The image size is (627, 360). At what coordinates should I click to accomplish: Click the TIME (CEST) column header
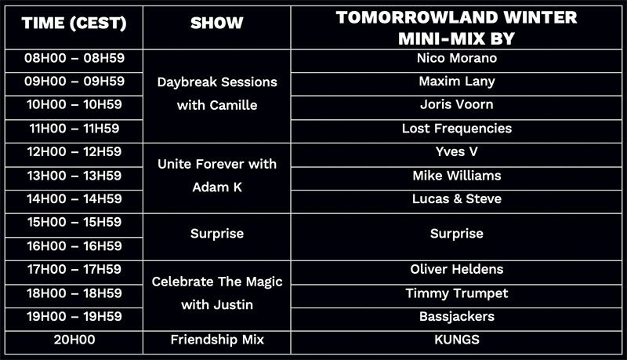pyautogui.click(x=74, y=24)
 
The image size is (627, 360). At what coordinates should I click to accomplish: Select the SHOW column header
pyautogui.click(x=217, y=24)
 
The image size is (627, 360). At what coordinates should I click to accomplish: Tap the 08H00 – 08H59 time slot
pyautogui.click(x=74, y=58)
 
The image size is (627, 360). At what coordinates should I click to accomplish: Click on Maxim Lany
pyautogui.click(x=457, y=82)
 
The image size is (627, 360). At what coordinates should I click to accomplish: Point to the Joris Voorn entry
pyautogui.click(x=457, y=104)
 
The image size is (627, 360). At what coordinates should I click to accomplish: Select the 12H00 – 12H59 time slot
pyautogui.click(x=74, y=151)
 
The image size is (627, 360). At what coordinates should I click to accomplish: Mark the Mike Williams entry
pyautogui.click(x=457, y=176)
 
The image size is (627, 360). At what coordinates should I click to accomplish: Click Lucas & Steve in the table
pyautogui.click(x=457, y=198)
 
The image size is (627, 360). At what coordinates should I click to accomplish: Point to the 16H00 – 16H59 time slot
pyautogui.click(x=74, y=246)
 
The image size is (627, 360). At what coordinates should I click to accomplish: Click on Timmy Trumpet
pyautogui.click(x=457, y=293)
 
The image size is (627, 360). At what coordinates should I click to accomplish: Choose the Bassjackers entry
pyautogui.click(x=457, y=316)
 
